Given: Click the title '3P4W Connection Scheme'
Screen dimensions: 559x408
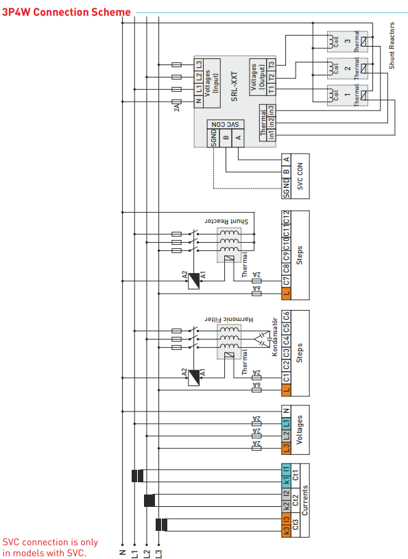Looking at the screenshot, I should click(67, 12).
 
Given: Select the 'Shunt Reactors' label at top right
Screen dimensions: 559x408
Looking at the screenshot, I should click(392, 45).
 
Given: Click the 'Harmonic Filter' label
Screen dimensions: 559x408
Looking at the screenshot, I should click(229, 319).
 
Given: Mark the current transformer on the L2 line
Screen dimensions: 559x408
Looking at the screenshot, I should click(149, 499).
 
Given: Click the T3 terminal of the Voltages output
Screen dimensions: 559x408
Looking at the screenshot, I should click(271, 64).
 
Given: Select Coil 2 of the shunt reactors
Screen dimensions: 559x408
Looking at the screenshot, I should click(335, 68).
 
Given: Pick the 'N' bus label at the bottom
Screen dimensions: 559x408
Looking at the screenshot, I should click(121, 551).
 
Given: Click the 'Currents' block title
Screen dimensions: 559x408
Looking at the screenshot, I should click(306, 501).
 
